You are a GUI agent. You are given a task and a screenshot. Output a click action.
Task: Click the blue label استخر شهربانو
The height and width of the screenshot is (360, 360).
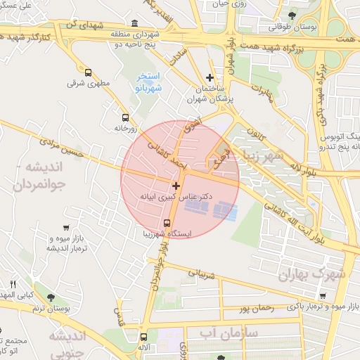click(x=148, y=82)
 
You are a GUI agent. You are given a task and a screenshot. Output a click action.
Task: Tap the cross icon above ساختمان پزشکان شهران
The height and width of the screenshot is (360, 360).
click(x=210, y=77)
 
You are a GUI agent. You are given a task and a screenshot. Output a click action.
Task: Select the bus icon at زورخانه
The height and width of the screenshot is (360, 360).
click(x=125, y=117)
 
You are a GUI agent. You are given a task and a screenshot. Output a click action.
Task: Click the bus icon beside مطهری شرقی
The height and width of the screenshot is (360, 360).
click(x=88, y=72)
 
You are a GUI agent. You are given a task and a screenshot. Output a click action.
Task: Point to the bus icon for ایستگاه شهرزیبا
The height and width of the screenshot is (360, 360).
click(x=167, y=223)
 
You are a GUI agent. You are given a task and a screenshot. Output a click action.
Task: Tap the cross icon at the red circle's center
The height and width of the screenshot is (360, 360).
click(x=176, y=185)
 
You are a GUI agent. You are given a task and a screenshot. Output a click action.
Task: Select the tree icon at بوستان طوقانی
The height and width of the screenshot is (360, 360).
click(x=292, y=15)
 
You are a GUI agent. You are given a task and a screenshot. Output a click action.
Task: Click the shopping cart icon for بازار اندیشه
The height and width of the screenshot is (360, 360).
click(x=66, y=228)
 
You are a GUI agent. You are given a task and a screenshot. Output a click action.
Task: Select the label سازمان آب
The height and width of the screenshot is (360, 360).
click(x=229, y=331)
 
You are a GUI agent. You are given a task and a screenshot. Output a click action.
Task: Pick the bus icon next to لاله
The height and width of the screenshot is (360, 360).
click(x=144, y=337)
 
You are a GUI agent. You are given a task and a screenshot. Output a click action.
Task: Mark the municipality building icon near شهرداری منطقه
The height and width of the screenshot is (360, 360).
click(x=135, y=22)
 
